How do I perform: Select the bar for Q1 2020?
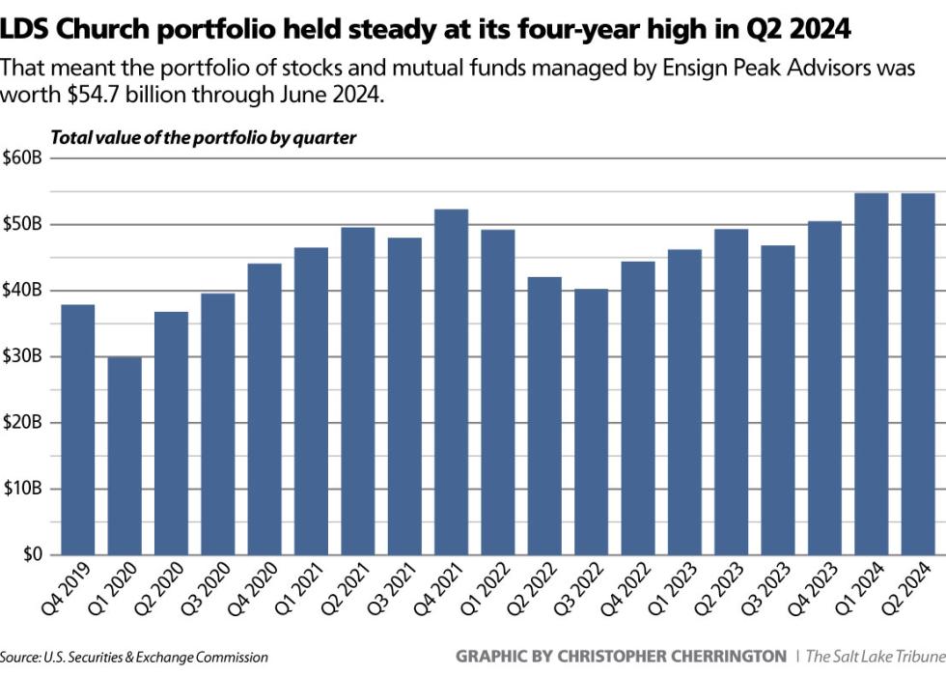click(x=125, y=455)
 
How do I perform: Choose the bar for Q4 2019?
click(x=78, y=429)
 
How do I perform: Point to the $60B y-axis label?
click(x=21, y=158)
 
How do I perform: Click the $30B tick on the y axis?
click(x=21, y=356)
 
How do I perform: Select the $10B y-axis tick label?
click(x=21, y=489)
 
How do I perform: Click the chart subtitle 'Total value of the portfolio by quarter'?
click(x=203, y=137)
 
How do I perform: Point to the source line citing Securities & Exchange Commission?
click(x=134, y=657)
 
